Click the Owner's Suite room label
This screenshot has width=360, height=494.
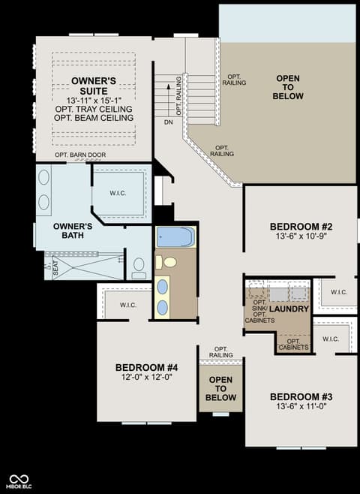(x=94, y=86)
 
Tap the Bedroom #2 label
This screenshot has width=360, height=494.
(x=301, y=227)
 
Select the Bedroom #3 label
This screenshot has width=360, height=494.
(x=301, y=396)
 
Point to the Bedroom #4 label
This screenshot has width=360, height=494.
(x=147, y=367)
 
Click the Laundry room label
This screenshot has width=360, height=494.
(x=289, y=309)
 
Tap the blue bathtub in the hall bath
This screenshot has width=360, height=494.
(x=175, y=237)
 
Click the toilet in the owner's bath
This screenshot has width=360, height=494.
(x=139, y=268)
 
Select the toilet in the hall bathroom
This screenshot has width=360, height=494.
(x=166, y=262)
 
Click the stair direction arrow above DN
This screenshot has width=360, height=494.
(x=169, y=100)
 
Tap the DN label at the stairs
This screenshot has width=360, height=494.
(x=168, y=122)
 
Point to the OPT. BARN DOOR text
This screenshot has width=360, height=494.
(x=80, y=155)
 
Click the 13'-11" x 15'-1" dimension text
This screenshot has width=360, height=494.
(x=94, y=101)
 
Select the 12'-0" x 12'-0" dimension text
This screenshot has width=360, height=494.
(x=147, y=377)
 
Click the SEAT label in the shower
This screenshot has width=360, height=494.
(x=55, y=267)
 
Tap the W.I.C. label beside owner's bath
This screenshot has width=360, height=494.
(x=118, y=193)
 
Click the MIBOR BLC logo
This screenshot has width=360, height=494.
(x=19, y=482)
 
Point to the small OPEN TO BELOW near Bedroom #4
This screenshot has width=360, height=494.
(x=221, y=388)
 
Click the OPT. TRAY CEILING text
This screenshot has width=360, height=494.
(x=94, y=109)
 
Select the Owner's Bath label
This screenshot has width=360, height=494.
(x=73, y=230)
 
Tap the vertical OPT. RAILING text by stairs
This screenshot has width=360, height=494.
(x=178, y=96)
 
